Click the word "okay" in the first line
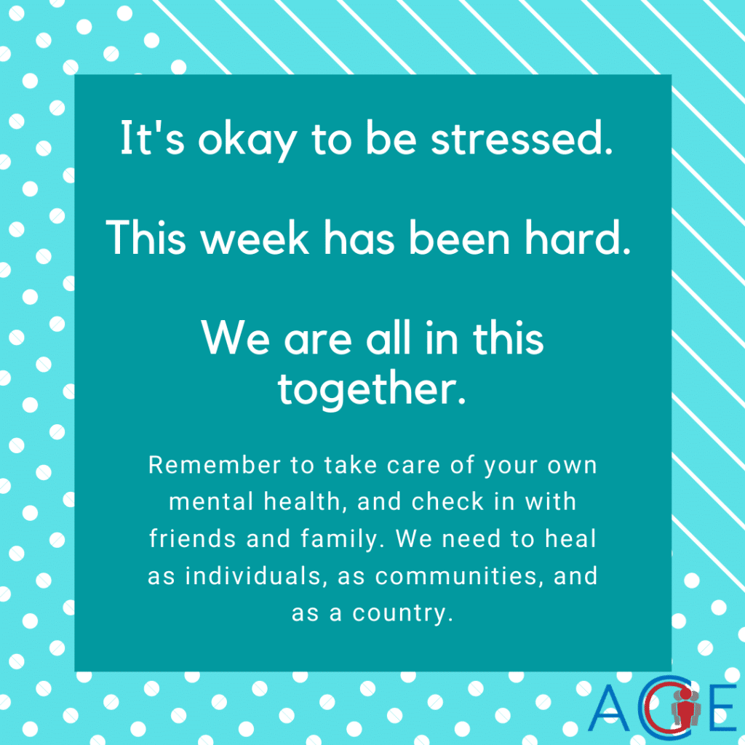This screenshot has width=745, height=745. (x=247, y=140)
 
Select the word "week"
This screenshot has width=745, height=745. (x=255, y=238)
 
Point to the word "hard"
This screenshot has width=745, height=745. (x=578, y=238)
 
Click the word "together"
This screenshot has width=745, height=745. (x=372, y=390)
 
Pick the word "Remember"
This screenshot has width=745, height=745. (x=215, y=465)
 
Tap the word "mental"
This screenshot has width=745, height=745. (x=212, y=502)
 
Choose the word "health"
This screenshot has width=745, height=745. (x=303, y=502)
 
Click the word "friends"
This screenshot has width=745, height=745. (x=192, y=539)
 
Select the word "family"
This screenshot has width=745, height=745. (x=342, y=540)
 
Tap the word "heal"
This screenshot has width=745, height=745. (x=570, y=539)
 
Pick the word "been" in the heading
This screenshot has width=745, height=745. (x=460, y=238)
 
